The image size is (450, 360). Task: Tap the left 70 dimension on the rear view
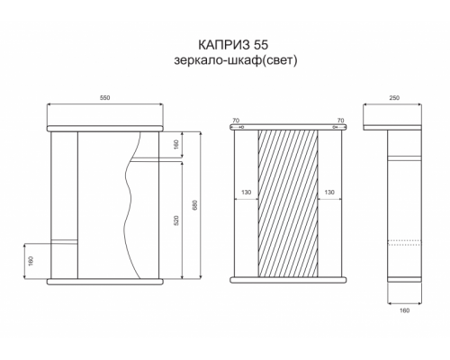(236, 120)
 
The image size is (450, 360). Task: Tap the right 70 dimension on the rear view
(339, 120)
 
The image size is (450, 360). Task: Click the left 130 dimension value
(246, 193)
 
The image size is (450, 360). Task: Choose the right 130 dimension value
(329, 193)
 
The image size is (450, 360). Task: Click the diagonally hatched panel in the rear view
(288, 202)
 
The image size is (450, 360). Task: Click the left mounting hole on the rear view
(243, 129)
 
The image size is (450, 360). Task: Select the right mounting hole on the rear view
(334, 129)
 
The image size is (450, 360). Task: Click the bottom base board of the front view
(106, 280)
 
